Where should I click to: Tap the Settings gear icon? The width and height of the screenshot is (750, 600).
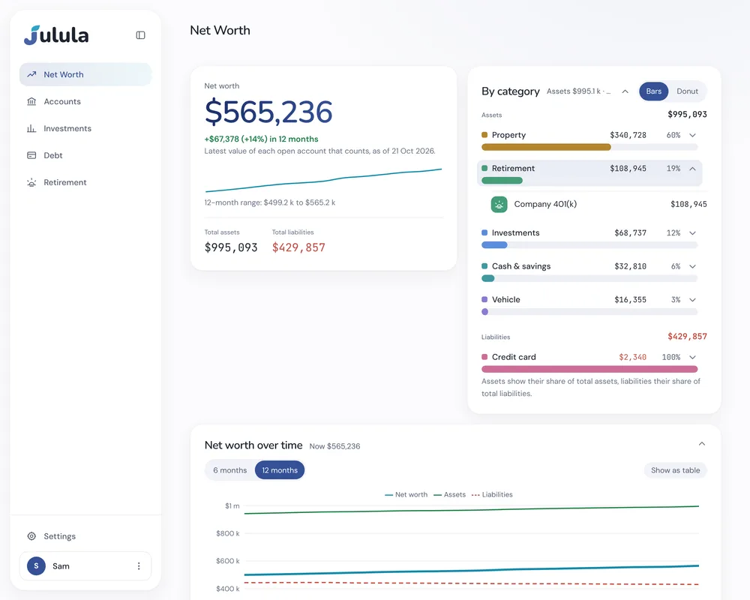31,536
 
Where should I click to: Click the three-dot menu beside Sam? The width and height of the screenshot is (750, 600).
139,566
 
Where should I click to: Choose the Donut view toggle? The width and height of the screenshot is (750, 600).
687,91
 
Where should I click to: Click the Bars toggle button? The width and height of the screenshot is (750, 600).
653,91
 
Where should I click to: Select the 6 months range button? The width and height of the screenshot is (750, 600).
230,470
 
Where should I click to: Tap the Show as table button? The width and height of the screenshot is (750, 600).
675,470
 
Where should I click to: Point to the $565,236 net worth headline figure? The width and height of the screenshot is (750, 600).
268,112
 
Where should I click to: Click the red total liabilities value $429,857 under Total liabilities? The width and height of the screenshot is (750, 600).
298,247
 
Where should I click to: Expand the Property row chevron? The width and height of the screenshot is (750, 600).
692,136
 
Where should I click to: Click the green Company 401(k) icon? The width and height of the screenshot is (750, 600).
499,204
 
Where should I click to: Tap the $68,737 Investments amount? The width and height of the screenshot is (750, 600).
630,233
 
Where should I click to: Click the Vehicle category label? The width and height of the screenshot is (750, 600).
505,299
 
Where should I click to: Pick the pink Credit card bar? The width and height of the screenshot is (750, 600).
589,369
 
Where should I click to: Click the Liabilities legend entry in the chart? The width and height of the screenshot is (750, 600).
492,495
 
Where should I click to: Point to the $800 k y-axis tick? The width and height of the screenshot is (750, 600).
228,533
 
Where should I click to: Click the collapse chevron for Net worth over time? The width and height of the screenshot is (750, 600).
702,444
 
